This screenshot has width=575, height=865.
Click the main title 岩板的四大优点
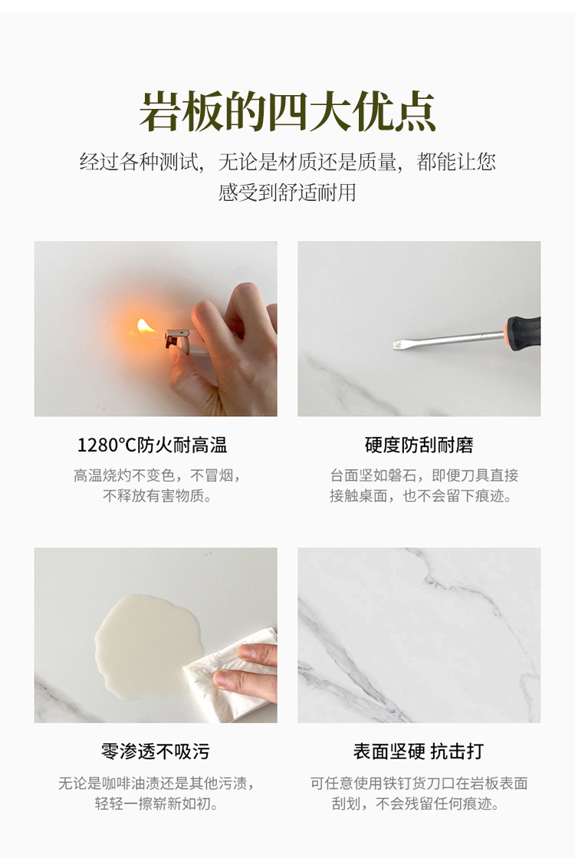[287, 112]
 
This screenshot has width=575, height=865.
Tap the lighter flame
[146, 327]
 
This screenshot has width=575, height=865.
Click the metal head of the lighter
[178, 338]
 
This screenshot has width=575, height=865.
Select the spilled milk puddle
[146, 646]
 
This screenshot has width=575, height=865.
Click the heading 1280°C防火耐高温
[152, 446]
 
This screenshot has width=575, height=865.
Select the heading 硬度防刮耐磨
[419, 446]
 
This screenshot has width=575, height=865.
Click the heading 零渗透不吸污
[156, 752]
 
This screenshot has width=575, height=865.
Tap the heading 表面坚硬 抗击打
[419, 752]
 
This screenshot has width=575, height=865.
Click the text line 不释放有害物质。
[157, 495]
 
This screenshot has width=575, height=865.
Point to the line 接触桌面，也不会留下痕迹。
[420, 495]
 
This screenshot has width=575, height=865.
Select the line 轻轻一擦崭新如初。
[156, 803]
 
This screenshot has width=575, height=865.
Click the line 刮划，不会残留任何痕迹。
[415, 803]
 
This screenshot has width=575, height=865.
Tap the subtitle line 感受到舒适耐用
[287, 192]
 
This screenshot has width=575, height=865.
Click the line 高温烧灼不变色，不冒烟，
[157, 475]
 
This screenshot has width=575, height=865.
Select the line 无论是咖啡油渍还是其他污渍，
[156, 783]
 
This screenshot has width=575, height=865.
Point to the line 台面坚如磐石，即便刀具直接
[425, 475]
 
